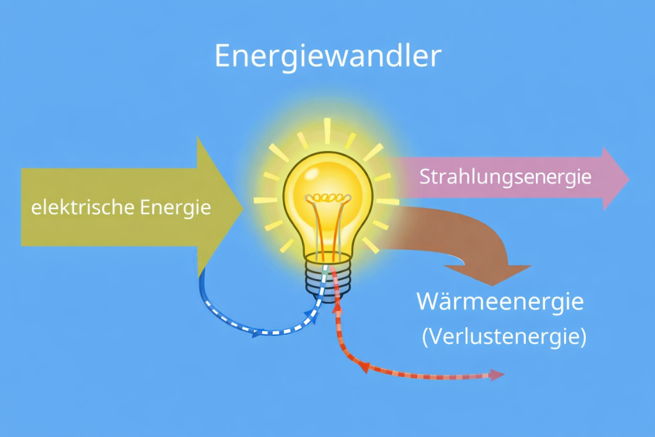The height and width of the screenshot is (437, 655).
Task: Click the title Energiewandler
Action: coord(327,56)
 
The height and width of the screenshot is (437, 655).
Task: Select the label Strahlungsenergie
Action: coord(505,177)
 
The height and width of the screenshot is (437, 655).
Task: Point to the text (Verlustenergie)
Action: coord(504,337)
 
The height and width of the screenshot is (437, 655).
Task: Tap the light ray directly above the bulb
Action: coord(327,131)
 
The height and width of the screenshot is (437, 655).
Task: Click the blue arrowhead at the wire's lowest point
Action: coord(259,333)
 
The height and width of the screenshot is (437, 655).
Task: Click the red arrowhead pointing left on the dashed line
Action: coord(364,367)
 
